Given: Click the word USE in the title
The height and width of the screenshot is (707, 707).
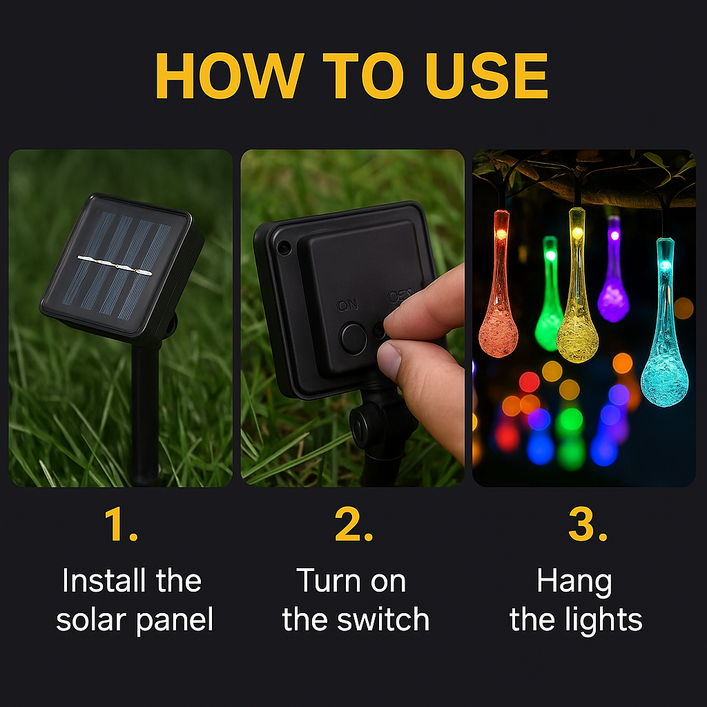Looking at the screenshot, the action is pyautogui.click(x=487, y=75).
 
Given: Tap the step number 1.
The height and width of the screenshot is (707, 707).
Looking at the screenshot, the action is pyautogui.click(x=120, y=524).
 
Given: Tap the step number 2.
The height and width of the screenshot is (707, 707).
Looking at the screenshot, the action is pyautogui.click(x=353, y=524).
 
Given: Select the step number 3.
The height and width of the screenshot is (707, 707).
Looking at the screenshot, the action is pyautogui.click(x=587, y=524).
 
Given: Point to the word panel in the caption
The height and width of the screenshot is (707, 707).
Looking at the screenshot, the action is pyautogui.click(x=174, y=621).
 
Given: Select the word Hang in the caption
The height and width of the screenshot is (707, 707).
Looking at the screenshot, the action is pyautogui.click(x=574, y=582).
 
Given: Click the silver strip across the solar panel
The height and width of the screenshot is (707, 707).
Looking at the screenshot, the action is pyautogui.click(x=115, y=265).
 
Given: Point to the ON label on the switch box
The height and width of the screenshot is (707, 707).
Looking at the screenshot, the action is pyautogui.click(x=348, y=306).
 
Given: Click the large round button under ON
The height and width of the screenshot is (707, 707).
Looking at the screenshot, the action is pyautogui.click(x=353, y=338).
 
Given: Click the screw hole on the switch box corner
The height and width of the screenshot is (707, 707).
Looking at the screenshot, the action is pyautogui.click(x=284, y=246).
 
